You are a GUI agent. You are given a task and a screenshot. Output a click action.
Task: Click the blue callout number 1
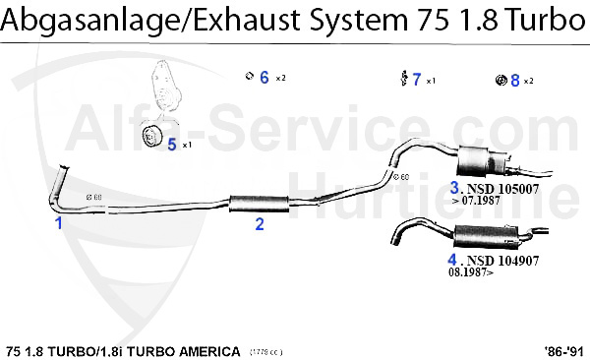click(x=58, y=223)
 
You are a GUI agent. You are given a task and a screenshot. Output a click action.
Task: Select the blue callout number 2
click(x=260, y=223)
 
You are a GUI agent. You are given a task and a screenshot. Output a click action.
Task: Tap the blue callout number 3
click(x=455, y=187)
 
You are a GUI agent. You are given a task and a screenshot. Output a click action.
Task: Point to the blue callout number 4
click(x=453, y=261)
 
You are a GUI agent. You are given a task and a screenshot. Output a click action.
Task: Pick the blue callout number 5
click(x=171, y=144)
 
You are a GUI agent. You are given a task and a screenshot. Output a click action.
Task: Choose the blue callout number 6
click(x=264, y=77)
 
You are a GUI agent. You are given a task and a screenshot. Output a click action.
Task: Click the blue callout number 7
click(x=417, y=80)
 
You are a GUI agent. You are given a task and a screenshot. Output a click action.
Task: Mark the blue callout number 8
click(x=514, y=80)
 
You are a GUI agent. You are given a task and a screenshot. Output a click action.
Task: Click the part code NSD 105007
click(x=503, y=188)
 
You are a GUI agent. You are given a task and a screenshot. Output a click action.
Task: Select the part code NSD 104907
click(x=503, y=261)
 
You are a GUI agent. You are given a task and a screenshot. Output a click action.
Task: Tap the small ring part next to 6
click(x=250, y=77)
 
